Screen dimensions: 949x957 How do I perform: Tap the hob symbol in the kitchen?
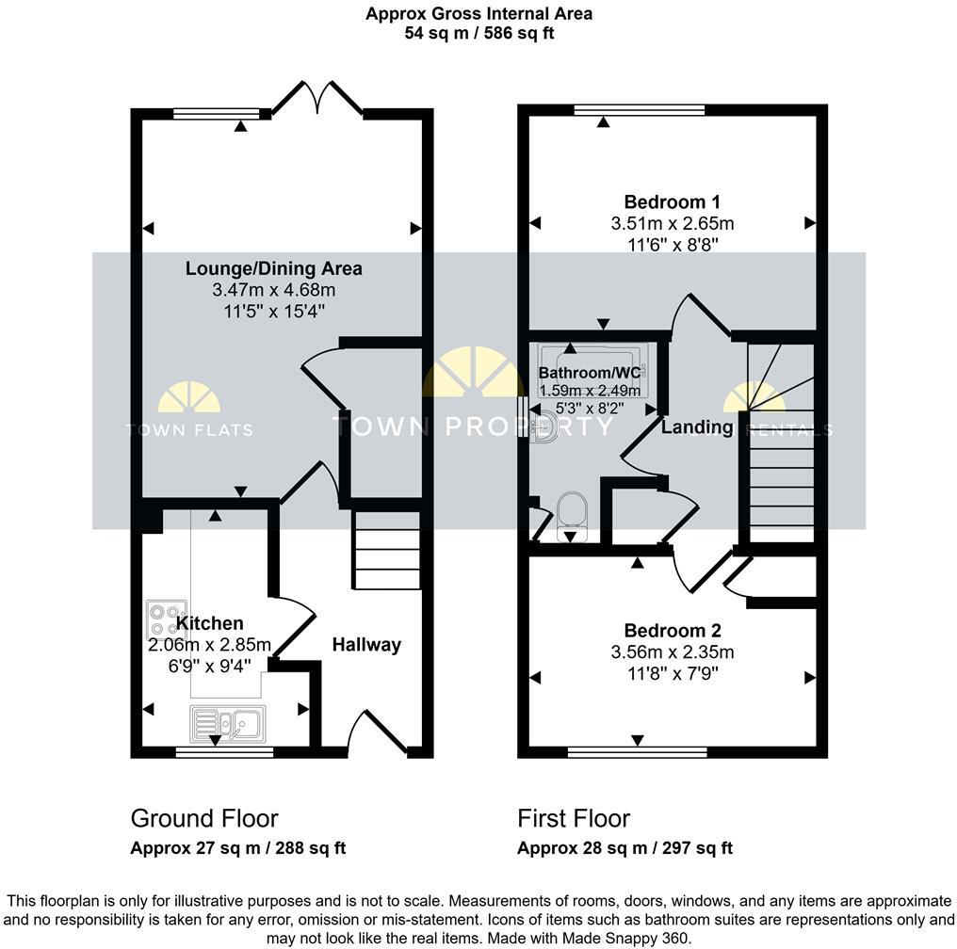tap(167, 620)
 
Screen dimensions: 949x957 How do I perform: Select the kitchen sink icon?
tap(229, 723)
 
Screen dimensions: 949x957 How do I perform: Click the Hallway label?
tap(366, 645)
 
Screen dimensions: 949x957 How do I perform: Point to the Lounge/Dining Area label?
tap(273, 268)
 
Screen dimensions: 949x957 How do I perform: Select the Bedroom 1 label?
tap(672, 201)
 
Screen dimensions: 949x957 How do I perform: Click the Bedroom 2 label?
tap(672, 631)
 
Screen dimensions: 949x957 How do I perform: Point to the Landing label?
tap(696, 427)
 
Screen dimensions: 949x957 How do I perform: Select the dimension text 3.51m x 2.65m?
tap(672, 224)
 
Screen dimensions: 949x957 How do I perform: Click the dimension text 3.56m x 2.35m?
tap(672, 652)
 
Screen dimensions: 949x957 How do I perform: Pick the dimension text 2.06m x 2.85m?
tap(210, 645)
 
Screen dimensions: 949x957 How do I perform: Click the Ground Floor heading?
tap(203, 818)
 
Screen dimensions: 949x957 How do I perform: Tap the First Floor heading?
tap(573, 818)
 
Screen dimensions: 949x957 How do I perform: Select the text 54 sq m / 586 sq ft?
tap(478, 33)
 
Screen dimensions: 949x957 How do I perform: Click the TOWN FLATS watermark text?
tap(189, 430)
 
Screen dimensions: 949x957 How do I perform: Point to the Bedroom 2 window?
tap(638, 752)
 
